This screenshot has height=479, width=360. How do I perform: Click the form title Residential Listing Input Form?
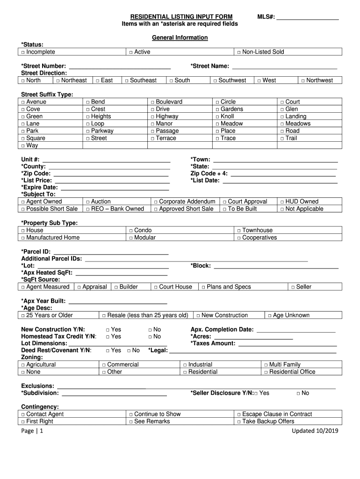pyautogui.click(x=181, y=17)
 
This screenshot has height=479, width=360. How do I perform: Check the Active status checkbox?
pyautogui.click(x=132, y=52)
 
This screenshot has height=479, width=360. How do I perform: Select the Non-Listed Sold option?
pyautogui.click(x=239, y=52)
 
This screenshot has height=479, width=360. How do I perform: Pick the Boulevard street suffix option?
pyautogui.click(x=153, y=102)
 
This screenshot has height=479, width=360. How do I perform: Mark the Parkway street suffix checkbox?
pyautogui.click(x=88, y=131)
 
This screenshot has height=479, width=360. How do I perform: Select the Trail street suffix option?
pyautogui.click(x=282, y=138)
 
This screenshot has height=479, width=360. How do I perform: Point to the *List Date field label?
pyautogui.click(x=205, y=181)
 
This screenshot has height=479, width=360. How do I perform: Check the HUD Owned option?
pyautogui.click(x=282, y=202)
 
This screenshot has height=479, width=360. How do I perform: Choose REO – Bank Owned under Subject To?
pyautogui.click(x=88, y=209)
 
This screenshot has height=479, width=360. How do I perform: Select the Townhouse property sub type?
pyautogui.click(x=239, y=230)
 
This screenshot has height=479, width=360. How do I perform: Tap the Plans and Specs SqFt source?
pyautogui.click(x=203, y=287)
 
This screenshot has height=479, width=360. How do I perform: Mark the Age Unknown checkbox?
pyautogui.click(x=270, y=315)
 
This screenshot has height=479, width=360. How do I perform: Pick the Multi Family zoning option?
pyautogui.click(x=266, y=365)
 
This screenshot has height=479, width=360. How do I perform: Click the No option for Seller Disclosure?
pyautogui.click(x=298, y=393)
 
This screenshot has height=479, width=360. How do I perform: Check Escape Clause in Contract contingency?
pyautogui.click(x=239, y=414)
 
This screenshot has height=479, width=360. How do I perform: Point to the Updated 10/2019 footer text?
pyautogui.click(x=315, y=431)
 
